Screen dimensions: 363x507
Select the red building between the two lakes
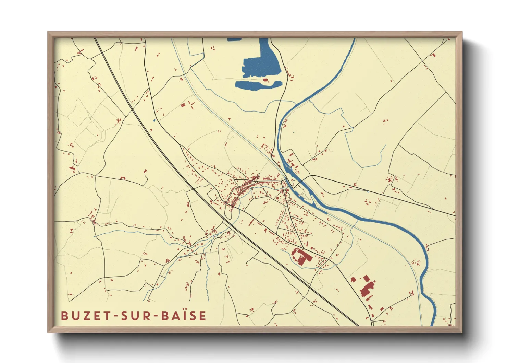265,80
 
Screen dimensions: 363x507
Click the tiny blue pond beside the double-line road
154,120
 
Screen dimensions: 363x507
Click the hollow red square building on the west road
123,178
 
